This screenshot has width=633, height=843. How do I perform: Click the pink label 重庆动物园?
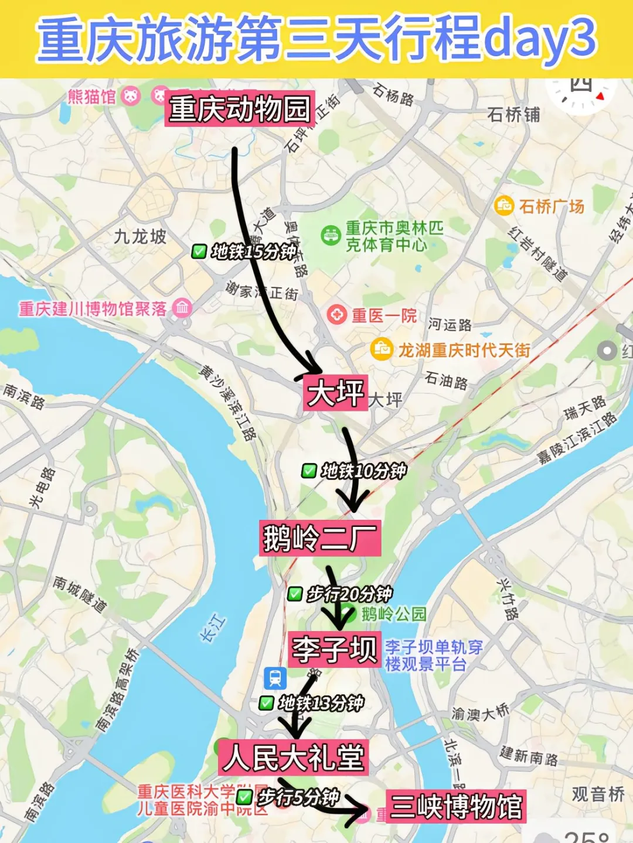pos(240,109)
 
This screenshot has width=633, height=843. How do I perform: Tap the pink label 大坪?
pos(336,393)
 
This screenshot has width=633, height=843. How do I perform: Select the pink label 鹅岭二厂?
pos(320,538)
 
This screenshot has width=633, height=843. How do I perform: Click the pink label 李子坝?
pos(335,649)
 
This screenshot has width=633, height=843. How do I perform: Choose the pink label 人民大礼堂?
pos(294,758)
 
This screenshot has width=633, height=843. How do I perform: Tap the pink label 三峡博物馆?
pos(456,806)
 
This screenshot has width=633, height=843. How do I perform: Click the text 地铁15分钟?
pos(254,252)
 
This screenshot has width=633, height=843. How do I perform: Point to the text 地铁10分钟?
pos(363,471)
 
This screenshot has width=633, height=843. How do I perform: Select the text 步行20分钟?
pos(349,594)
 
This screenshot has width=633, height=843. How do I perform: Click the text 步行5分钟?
pos(299,797)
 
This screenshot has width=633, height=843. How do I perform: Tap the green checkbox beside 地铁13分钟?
pos(267,703)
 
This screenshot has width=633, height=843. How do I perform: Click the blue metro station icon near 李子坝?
pos(275,678)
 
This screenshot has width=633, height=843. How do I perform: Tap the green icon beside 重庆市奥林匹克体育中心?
pos(331,235)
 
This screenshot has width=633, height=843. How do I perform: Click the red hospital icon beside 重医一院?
pos(337,315)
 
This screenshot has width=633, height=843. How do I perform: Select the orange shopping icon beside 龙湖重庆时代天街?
pos(382,349)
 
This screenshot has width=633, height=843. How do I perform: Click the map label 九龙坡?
pos(140,237)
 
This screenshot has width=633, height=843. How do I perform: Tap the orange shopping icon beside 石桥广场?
pos(503,205)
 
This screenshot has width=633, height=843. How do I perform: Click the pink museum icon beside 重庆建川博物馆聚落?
pos(182,307)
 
